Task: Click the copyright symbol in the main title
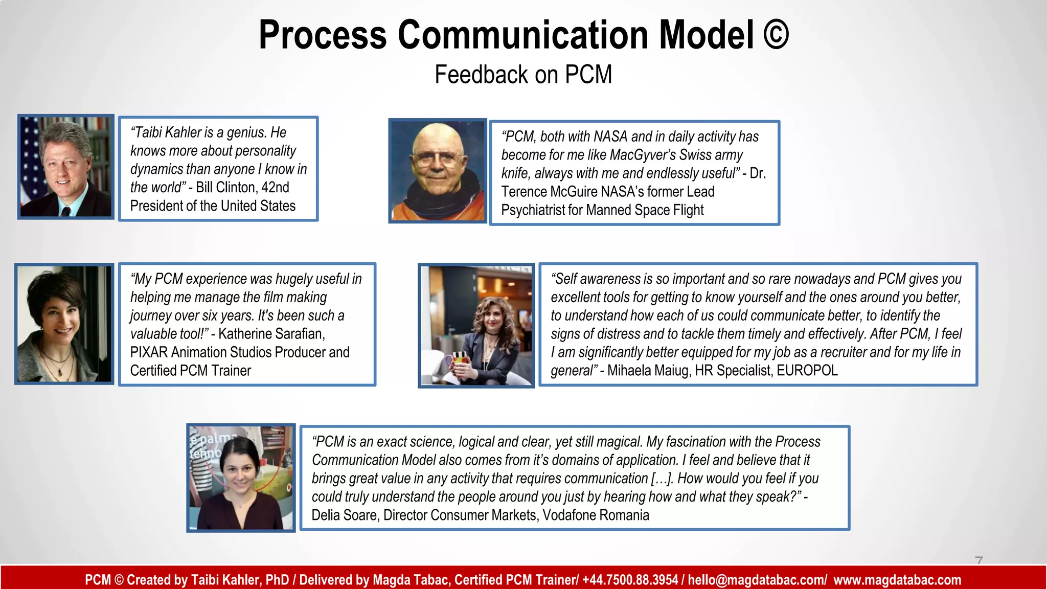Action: (x=776, y=35)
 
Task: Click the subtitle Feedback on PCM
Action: (x=523, y=75)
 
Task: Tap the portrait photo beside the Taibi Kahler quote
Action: (x=65, y=167)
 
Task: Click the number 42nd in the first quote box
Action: (x=275, y=188)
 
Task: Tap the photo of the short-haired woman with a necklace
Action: (x=64, y=324)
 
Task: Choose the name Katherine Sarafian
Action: (x=271, y=334)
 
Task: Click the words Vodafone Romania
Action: (x=596, y=515)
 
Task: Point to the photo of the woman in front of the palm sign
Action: (x=241, y=478)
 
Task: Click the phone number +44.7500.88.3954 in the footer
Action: (x=630, y=580)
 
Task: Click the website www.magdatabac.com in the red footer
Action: (x=897, y=580)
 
